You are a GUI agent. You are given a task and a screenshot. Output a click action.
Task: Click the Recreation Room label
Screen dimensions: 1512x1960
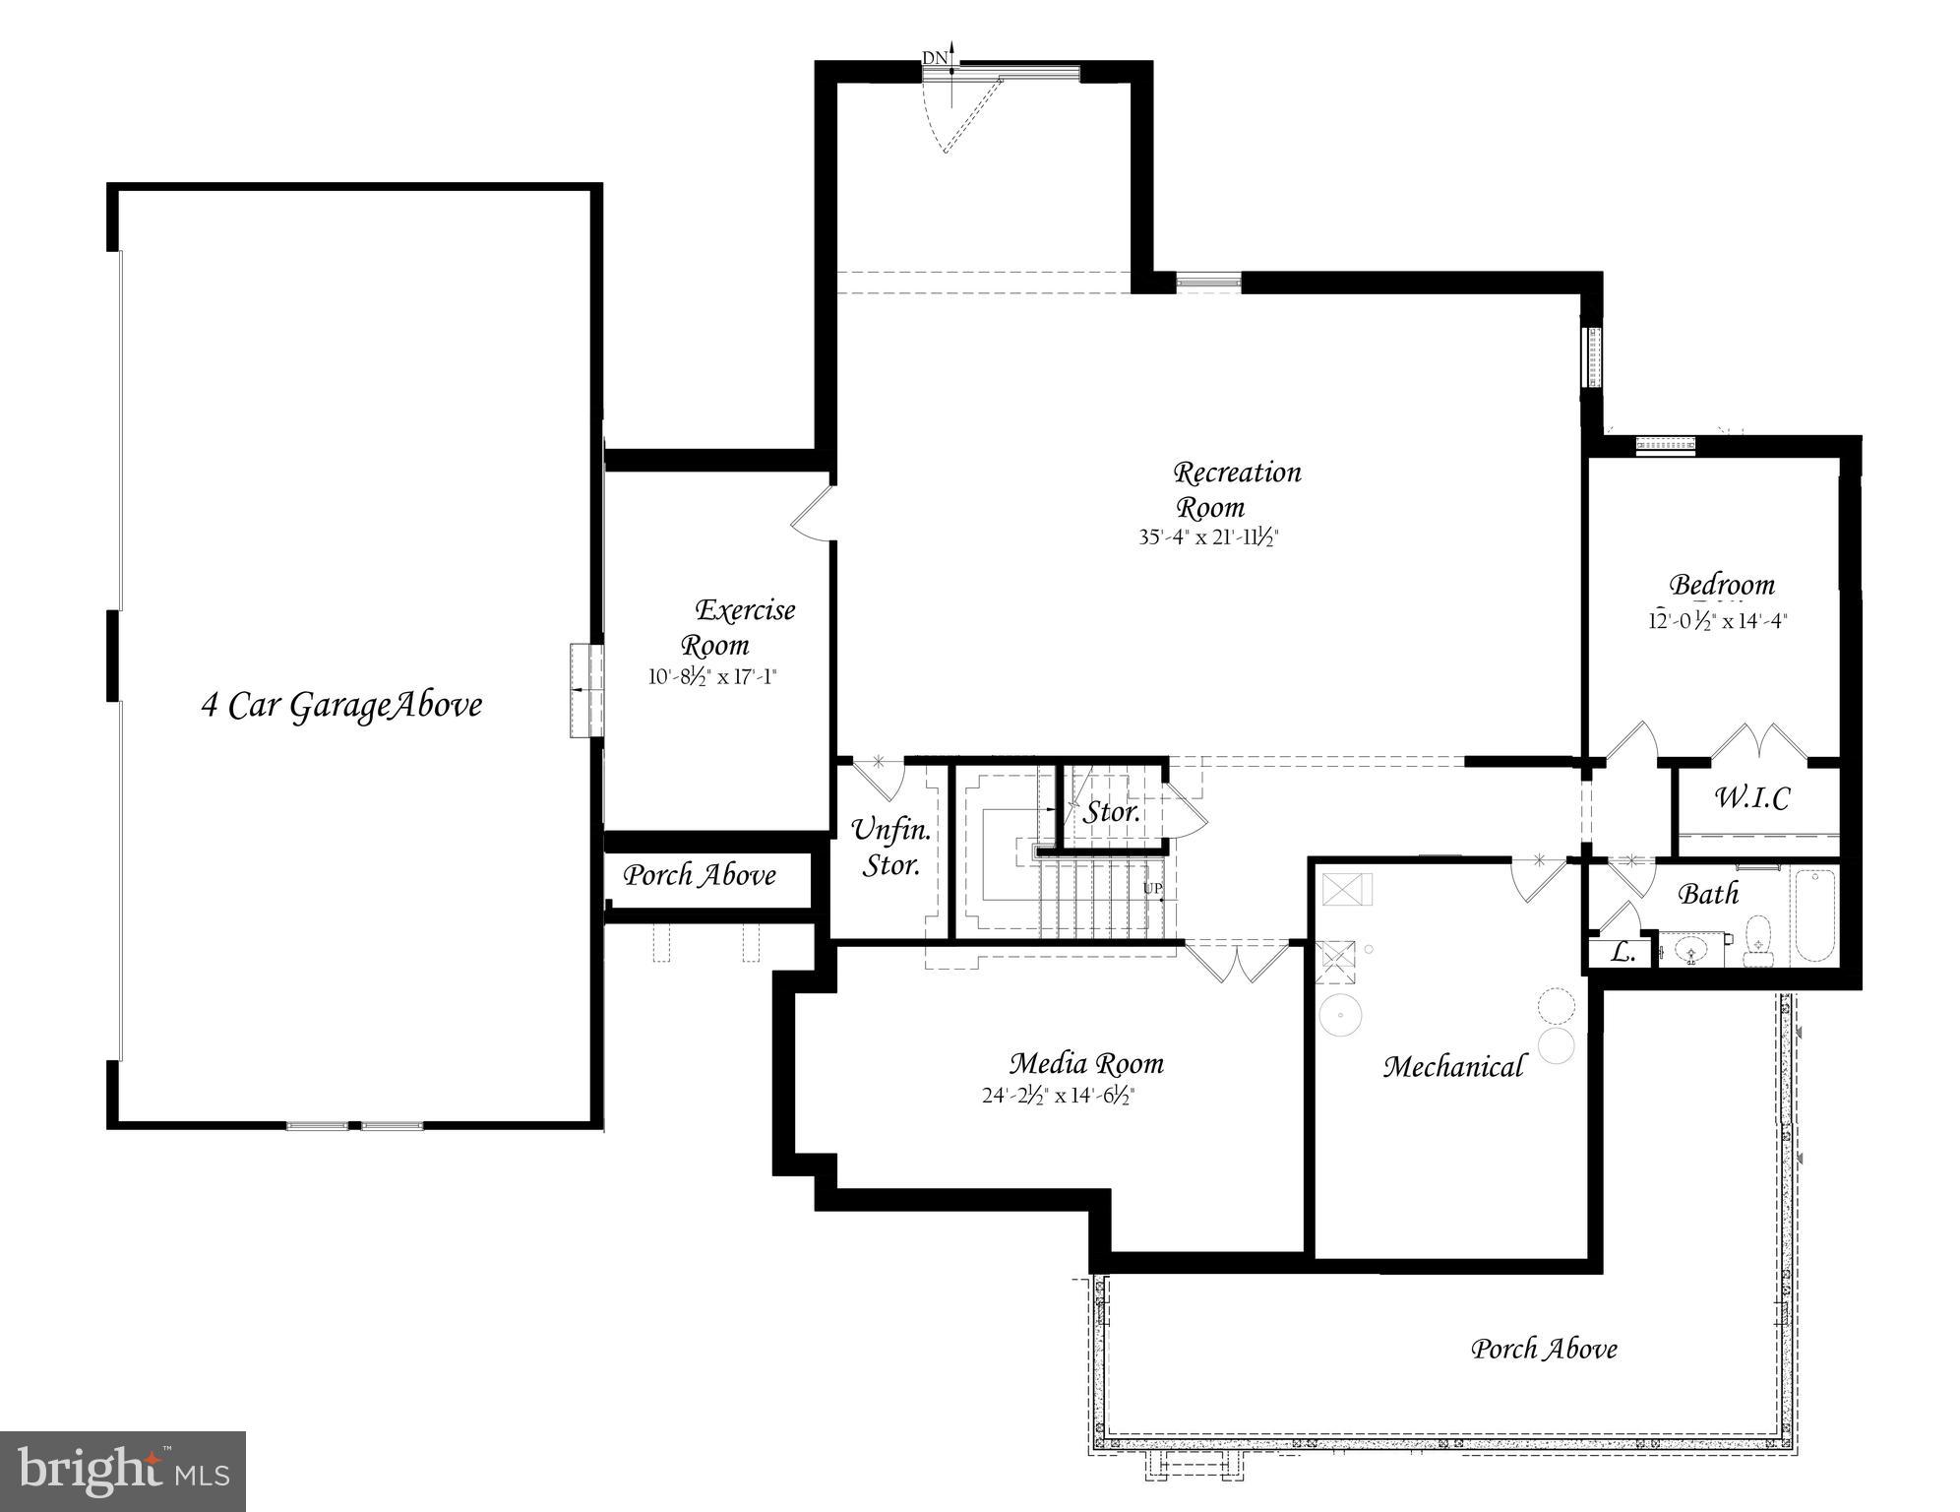pyautogui.click(x=1236, y=489)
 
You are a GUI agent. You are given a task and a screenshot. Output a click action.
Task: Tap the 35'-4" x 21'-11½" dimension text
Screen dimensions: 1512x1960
pyautogui.click(x=1207, y=538)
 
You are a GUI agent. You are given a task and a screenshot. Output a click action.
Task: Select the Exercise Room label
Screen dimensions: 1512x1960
pyautogui.click(x=738, y=627)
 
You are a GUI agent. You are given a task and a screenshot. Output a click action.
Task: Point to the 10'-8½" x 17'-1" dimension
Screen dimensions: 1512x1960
pyautogui.click(x=712, y=676)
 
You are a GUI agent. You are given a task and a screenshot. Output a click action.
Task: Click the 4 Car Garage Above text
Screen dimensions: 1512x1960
pyautogui.click(x=341, y=706)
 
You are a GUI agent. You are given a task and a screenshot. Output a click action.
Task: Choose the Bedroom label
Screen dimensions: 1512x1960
pyautogui.click(x=1721, y=585)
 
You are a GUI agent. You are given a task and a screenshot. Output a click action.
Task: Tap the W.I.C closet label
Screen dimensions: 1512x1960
pyautogui.click(x=1751, y=797)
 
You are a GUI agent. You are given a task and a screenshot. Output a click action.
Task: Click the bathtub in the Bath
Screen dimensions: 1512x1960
pyautogui.click(x=1812, y=915)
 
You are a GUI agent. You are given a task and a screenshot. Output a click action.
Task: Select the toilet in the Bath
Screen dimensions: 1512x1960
pyautogui.click(x=1756, y=940)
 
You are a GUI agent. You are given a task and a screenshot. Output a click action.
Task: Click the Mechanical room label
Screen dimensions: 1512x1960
pyautogui.click(x=1453, y=1067)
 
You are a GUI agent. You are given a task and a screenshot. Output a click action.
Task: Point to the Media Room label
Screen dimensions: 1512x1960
pyautogui.click(x=1086, y=1064)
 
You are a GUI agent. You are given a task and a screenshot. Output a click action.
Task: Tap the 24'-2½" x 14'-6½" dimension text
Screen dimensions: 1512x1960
pyautogui.click(x=1060, y=1096)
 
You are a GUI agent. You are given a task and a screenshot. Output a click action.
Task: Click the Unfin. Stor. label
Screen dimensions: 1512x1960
pyautogui.click(x=891, y=847)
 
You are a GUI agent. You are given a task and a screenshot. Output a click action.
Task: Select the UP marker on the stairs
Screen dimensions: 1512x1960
pyautogui.click(x=1152, y=889)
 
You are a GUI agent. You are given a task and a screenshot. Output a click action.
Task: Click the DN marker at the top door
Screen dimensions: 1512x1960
pyautogui.click(x=935, y=58)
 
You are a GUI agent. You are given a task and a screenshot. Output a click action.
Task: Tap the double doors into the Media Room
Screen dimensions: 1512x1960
pyautogui.click(x=1237, y=961)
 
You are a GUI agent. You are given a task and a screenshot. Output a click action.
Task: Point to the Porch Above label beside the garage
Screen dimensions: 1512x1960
pyautogui.click(x=700, y=875)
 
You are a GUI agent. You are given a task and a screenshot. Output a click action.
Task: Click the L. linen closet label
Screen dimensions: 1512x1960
pyautogui.click(x=1622, y=952)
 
